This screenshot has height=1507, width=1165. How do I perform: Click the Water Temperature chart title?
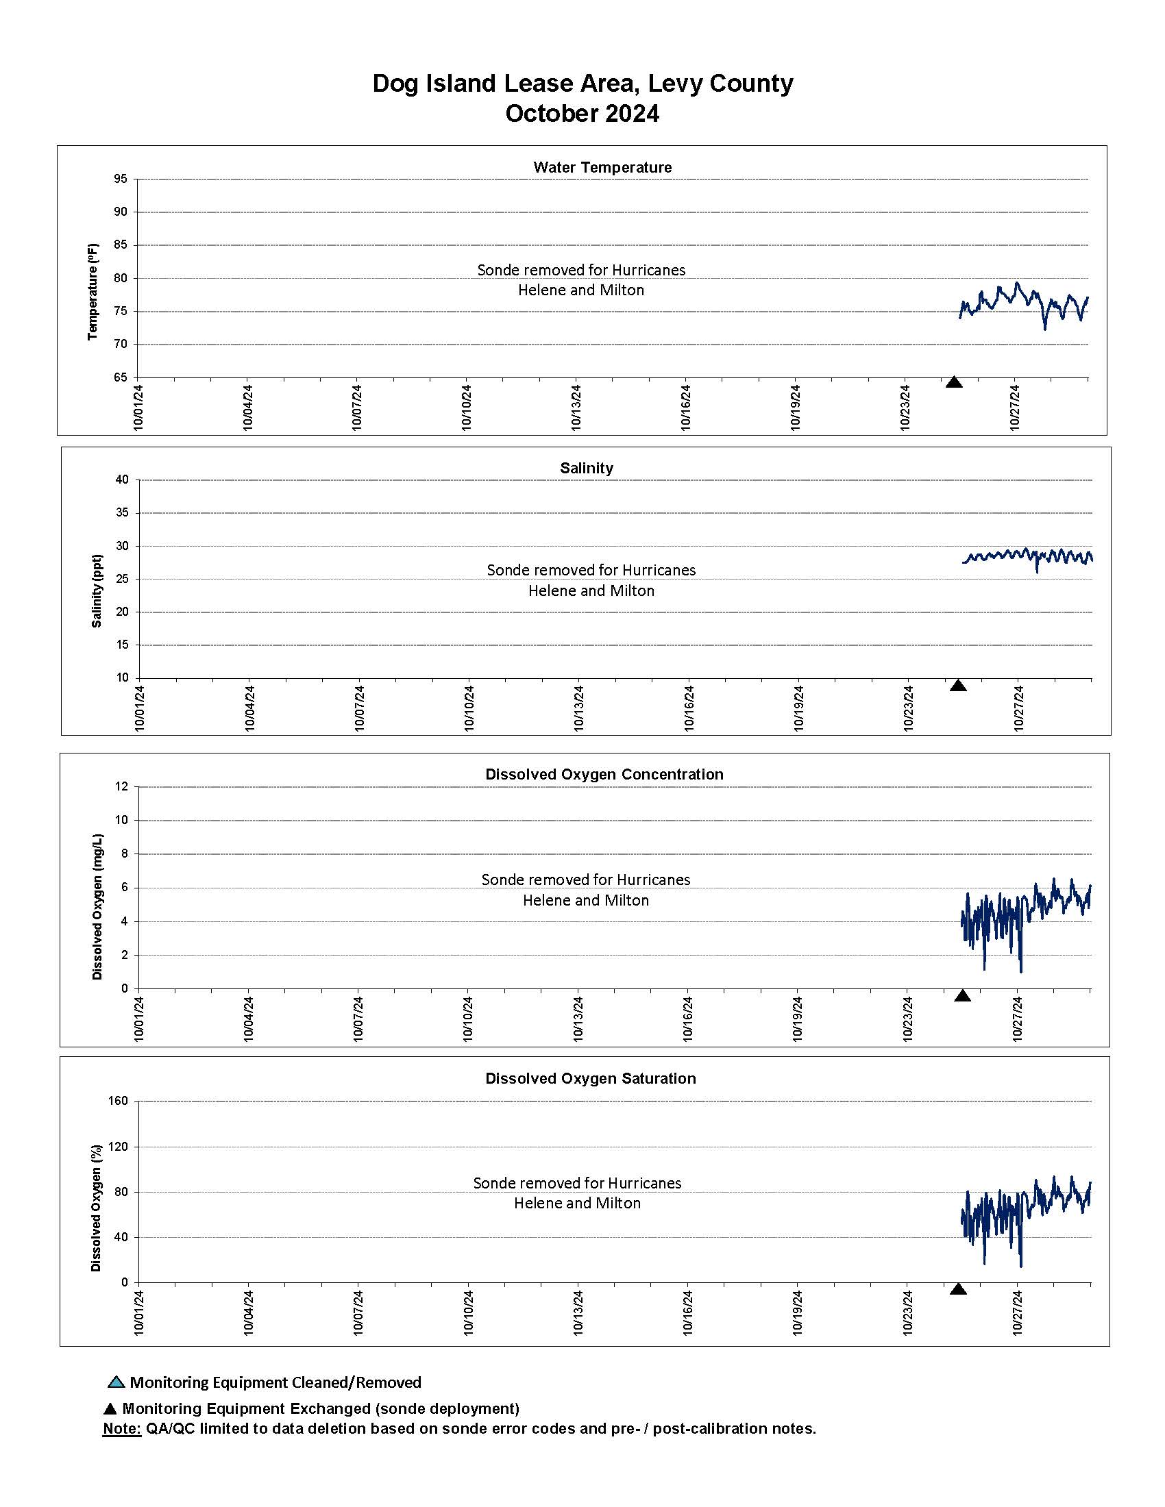click(x=602, y=168)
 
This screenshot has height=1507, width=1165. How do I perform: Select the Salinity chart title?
click(x=586, y=468)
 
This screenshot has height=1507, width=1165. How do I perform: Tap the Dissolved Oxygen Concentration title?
click(x=604, y=774)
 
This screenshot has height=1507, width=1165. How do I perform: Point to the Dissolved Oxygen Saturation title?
click(x=590, y=1078)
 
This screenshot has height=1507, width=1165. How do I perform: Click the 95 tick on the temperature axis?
click(x=121, y=179)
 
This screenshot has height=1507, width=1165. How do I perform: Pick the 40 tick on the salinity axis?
click(x=122, y=480)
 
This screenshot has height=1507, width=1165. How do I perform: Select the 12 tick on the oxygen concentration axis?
click(x=122, y=786)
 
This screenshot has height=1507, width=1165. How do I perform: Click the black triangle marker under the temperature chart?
click(x=954, y=382)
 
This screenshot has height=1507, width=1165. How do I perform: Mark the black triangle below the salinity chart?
click(x=957, y=685)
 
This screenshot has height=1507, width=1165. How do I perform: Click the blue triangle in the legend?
click(x=116, y=1382)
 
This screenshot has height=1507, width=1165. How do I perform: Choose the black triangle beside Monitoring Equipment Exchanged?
click(x=110, y=1409)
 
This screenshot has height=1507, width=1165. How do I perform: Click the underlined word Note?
click(x=121, y=1428)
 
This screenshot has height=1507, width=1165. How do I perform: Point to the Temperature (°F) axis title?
click(x=93, y=291)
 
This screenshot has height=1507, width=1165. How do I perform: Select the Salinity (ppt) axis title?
click(x=97, y=590)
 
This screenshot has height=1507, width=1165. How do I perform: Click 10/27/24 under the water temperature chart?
click(x=1015, y=407)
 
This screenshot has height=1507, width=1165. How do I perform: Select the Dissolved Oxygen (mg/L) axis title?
click(x=97, y=907)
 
